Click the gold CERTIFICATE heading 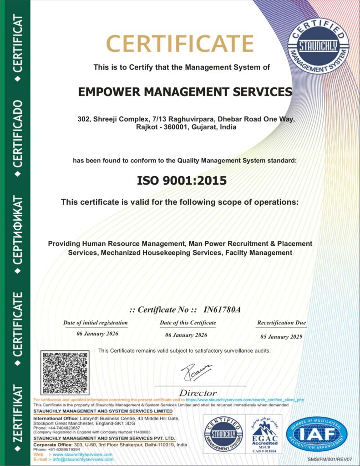point(180,44)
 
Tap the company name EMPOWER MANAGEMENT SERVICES point(185,92)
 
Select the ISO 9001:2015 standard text point(182,180)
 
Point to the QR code point(65,373)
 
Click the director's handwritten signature point(196,372)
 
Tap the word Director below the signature point(198,393)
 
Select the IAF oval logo point(317,434)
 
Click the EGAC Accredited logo point(264,435)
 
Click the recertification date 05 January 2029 point(281,337)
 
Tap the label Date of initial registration point(96,323)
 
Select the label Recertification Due point(281,323)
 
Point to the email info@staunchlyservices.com point(83,460)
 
